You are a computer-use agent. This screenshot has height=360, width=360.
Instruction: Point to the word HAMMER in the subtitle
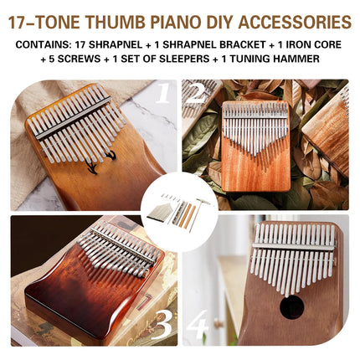[291, 59]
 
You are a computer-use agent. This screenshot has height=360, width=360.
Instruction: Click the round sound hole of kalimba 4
[291, 308]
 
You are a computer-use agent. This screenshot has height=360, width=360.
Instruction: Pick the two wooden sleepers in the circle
[188, 216]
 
